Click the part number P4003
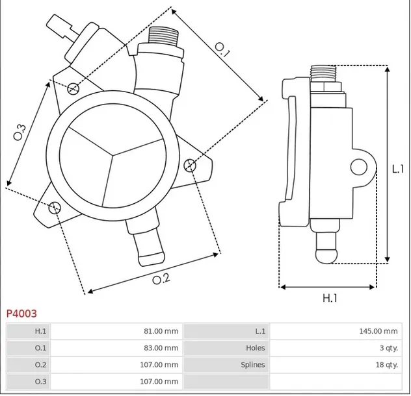pos(22,313)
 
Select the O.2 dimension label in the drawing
pos(161,279)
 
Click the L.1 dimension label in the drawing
pos(399,168)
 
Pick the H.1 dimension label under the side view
pos(330,298)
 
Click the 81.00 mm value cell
pos(160,331)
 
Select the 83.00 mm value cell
pos(160,348)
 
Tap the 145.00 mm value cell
pos(378,331)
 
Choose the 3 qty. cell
pos(386,348)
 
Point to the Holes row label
pos(254,348)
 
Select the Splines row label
pos(252,365)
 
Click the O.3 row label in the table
pos(40,382)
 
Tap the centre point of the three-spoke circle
pos(113,155)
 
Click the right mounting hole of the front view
pos(190,166)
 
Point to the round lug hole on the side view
pos(358,167)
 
